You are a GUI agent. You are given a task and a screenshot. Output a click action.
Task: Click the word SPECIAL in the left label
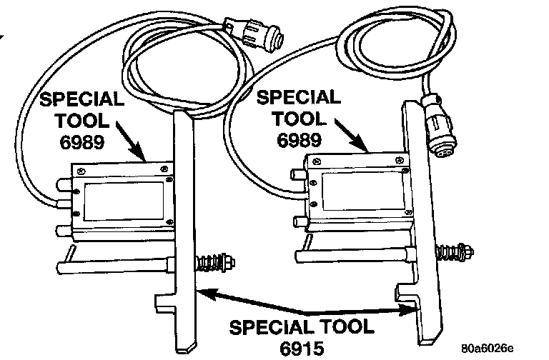point(80,99)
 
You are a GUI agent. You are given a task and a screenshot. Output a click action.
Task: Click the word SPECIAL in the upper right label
point(299,97)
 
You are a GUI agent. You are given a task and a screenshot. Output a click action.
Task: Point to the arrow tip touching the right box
point(367,152)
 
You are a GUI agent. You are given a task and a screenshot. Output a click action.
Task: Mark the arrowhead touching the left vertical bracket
point(202,289)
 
